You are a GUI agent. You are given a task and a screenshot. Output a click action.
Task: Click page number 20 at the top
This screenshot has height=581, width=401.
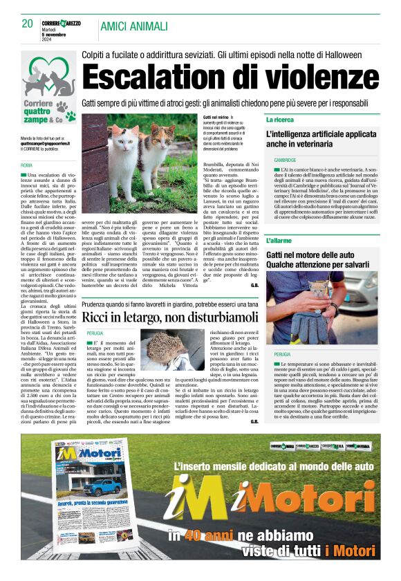(x=27, y=24)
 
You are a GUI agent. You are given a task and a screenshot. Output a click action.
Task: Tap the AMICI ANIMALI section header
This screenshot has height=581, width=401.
(x=134, y=26)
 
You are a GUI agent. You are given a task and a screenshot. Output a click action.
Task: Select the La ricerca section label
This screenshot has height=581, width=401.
(x=281, y=120)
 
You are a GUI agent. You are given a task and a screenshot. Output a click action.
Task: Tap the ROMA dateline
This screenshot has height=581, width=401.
(x=26, y=165)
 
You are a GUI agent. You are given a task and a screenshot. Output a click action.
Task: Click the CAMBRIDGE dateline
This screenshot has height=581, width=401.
(x=285, y=160)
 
